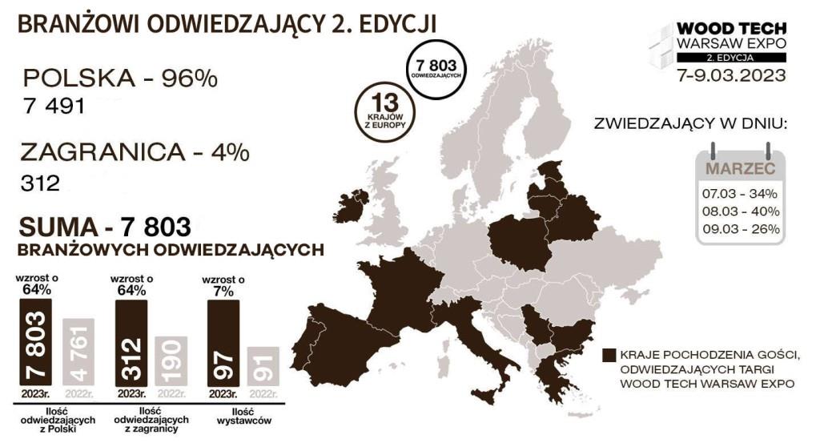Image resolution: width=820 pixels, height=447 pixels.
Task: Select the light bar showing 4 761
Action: pos(78,352)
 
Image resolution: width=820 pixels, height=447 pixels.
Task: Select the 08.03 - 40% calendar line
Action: pos(741,211)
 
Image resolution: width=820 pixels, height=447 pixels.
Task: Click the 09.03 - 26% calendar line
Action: pos(741,229)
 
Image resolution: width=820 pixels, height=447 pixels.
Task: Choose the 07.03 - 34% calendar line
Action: pos(741,194)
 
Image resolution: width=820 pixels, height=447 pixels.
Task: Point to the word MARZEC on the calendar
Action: pos(740,169)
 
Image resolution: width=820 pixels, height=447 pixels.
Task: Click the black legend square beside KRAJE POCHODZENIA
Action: pos(610,355)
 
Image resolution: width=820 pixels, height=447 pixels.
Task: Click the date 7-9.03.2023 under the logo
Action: pos(731,77)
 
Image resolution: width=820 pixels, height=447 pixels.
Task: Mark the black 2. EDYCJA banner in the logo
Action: pos(731,58)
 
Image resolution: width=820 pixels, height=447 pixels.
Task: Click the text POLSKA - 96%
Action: pos(120,79)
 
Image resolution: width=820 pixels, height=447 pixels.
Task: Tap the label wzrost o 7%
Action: pos(223,286)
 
